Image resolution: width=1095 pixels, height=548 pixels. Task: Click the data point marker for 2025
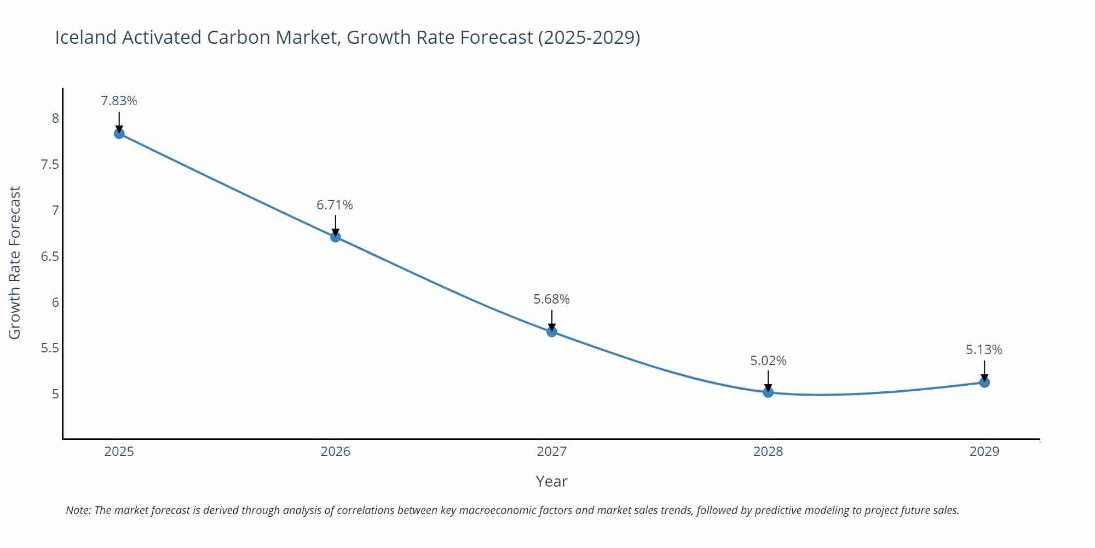coord(119,134)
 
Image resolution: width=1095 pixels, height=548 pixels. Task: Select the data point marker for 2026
coord(336,237)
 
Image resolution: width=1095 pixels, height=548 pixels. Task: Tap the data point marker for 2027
coord(552,332)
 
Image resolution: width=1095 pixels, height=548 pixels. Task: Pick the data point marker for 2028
coord(768,392)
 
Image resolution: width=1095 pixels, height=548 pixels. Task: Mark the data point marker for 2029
coord(984,383)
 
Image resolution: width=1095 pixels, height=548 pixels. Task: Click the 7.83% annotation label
coord(119,101)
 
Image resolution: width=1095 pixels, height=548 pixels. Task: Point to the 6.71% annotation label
coord(335,205)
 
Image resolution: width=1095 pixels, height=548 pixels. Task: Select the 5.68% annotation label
coord(551,299)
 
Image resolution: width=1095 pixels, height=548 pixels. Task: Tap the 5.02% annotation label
coord(768,361)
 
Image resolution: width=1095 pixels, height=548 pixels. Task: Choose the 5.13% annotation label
coord(984,350)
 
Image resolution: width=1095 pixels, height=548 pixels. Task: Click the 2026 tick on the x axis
coord(336,452)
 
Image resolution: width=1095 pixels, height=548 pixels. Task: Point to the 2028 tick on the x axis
coord(768,452)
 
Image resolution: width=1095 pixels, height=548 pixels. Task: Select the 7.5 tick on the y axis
coord(50,164)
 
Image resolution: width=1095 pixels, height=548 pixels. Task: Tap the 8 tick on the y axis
coord(55,118)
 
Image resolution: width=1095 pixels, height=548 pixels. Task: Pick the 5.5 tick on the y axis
coord(50,348)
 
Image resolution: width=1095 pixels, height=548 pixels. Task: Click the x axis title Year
coord(551,481)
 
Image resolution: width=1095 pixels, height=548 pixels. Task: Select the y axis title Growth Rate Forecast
coord(15,262)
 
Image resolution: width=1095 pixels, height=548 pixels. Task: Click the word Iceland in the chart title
coord(86,37)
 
